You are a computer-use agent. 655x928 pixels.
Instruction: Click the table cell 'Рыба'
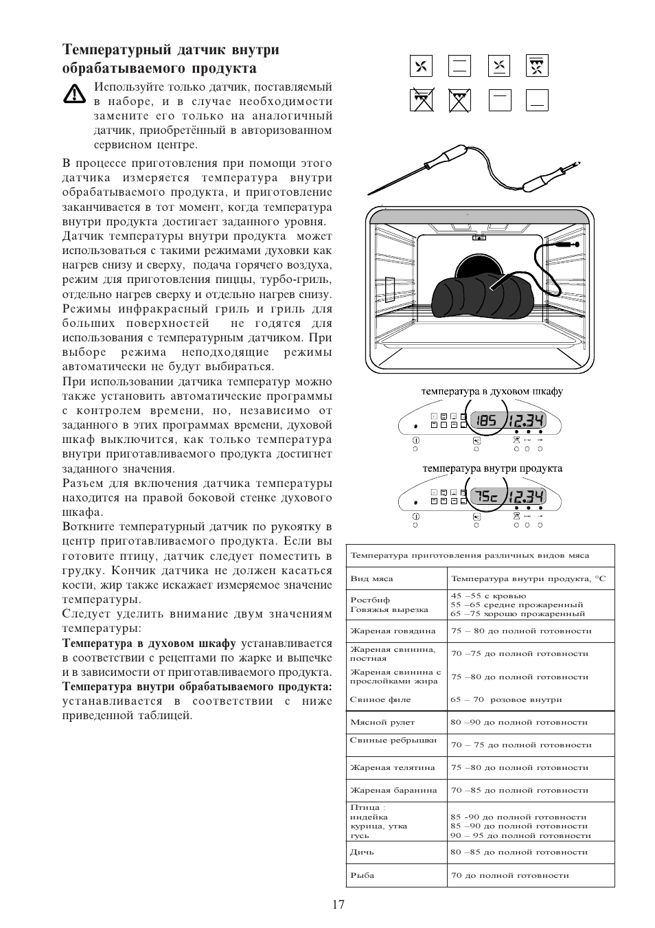coord(363,875)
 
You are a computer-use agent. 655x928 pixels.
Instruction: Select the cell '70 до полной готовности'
coord(509,875)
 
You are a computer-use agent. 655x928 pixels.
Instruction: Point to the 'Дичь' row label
coord(362,852)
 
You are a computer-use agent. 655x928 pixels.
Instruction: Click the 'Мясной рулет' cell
coord(382,722)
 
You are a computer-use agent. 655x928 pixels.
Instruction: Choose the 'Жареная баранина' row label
coord(393,790)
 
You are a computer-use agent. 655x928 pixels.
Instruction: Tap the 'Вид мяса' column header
coord(371,578)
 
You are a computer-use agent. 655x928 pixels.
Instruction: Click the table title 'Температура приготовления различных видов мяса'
coord(470,555)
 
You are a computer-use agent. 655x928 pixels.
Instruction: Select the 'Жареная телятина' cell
coord(392,767)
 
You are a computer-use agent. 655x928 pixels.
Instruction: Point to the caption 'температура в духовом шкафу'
coord(492,392)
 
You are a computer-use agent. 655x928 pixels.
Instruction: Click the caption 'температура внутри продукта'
coord(492,468)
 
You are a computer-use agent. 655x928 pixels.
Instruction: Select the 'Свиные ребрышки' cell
coord(393,740)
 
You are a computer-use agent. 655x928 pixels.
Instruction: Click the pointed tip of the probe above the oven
coord(370,193)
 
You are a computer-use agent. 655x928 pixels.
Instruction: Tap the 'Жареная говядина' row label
coord(392,631)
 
